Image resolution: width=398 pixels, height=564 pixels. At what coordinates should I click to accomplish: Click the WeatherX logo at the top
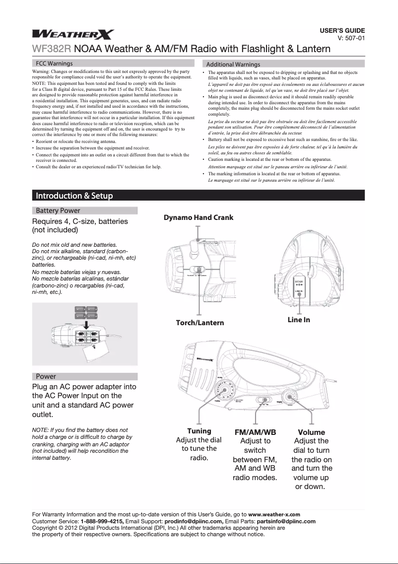tap(73, 34)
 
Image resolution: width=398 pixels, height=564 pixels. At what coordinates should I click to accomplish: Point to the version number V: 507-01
tap(351, 37)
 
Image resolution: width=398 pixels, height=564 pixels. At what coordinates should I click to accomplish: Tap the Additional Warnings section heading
tap(233, 65)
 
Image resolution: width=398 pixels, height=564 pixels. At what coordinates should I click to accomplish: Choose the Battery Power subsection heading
tap(58, 211)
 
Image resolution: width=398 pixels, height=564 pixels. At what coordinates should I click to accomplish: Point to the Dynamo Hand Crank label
tap(199, 217)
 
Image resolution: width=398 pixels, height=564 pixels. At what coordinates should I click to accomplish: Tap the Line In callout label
tap(299, 319)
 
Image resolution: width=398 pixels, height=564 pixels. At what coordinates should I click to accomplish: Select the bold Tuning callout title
tap(199, 431)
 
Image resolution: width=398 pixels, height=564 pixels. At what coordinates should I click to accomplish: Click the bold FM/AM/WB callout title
tap(255, 432)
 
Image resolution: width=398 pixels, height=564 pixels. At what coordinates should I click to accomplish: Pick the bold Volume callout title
tap(311, 432)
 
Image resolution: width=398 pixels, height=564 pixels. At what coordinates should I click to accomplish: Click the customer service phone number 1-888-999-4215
tap(102, 522)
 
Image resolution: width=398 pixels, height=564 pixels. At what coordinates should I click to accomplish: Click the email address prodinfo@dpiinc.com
tap(194, 522)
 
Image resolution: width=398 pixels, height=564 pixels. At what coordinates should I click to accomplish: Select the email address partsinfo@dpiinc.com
tap(286, 522)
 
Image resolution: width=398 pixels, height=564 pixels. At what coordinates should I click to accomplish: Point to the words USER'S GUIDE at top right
tap(342, 30)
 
